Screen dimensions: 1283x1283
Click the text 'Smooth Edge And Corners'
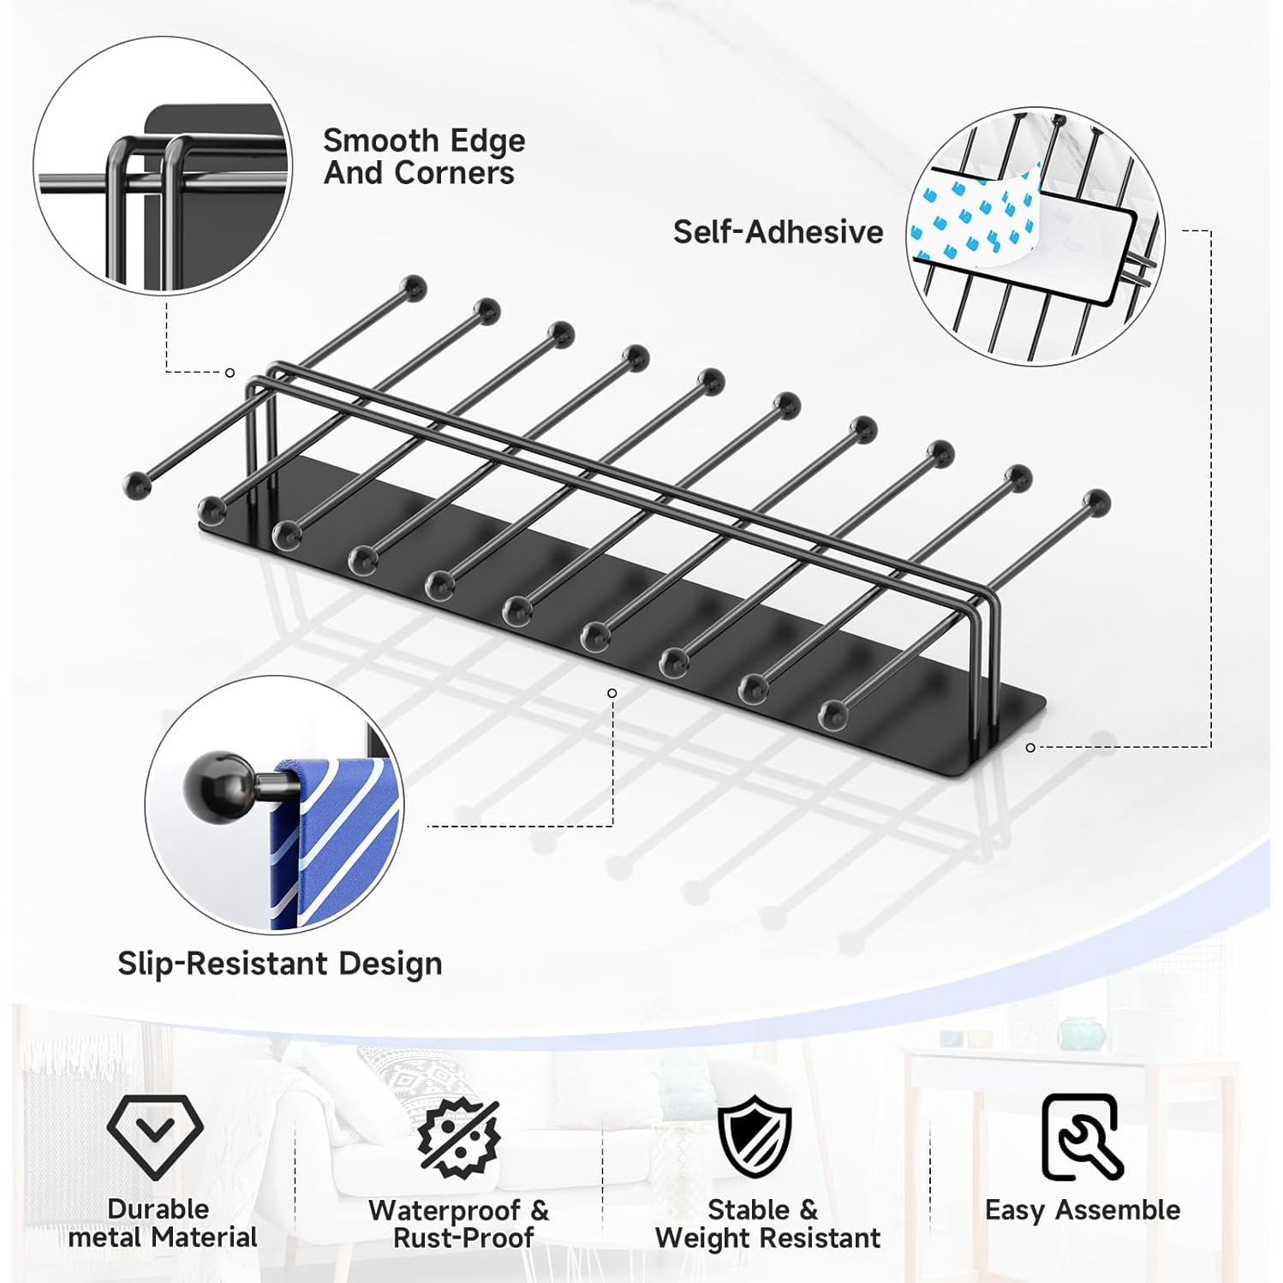coord(424,156)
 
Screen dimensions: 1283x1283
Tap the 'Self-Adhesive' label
coord(778,232)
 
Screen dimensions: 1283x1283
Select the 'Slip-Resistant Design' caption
coord(279,964)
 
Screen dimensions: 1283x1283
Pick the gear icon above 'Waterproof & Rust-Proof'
coord(459,1137)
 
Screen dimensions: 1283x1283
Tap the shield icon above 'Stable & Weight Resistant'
coord(755,1137)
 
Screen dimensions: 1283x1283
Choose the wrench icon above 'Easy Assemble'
coord(1082,1137)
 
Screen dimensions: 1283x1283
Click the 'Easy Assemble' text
coord(1083,1210)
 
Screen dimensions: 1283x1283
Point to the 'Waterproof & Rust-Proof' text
coord(459,1224)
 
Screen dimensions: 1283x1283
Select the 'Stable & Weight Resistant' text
coord(767,1224)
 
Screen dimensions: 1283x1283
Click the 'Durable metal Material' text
coord(162,1223)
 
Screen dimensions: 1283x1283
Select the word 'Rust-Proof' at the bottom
coord(464,1238)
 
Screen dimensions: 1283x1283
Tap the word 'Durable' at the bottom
coord(158,1208)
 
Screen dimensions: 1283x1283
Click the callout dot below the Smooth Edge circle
coord(230,373)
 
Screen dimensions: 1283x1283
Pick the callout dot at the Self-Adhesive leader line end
coord(1030,748)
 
